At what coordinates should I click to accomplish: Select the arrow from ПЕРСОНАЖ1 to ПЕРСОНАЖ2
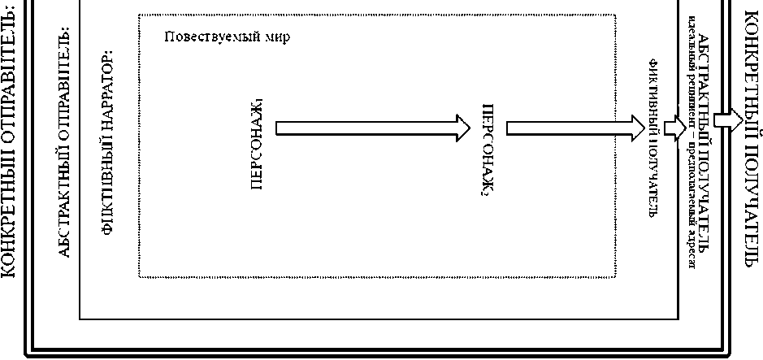pyautogui.click(x=373, y=128)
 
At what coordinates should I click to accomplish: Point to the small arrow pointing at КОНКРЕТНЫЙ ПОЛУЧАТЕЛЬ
pyautogui.click(x=727, y=119)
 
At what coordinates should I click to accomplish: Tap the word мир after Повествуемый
pyautogui.click(x=275, y=37)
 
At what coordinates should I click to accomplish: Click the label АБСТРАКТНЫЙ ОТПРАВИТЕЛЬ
pyautogui.click(x=66, y=142)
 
